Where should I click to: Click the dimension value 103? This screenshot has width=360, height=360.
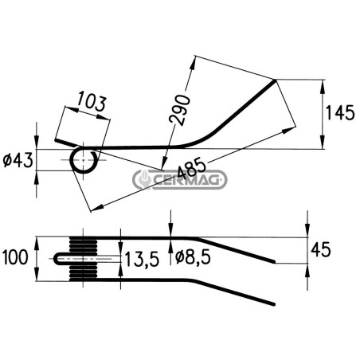(x=92, y=101)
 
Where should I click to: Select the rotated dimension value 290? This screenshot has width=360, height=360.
(x=180, y=109)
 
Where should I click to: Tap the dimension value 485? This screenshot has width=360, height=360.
(x=191, y=168)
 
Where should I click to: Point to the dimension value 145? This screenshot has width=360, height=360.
(x=340, y=113)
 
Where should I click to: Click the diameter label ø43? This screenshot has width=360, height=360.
(x=18, y=160)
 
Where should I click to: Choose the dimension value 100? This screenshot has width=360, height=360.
(x=15, y=257)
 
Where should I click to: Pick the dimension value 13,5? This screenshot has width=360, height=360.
(x=142, y=259)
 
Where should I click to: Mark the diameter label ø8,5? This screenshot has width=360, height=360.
(x=194, y=257)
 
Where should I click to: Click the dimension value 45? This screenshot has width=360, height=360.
(x=321, y=249)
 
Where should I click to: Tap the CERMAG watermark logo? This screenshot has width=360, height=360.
(x=180, y=180)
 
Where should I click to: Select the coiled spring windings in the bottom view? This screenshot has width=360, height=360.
(x=84, y=259)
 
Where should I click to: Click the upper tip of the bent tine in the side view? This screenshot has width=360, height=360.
(x=275, y=80)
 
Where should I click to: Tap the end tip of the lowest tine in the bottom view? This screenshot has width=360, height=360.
(x=273, y=303)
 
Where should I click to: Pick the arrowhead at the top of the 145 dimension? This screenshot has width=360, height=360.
(x=322, y=85)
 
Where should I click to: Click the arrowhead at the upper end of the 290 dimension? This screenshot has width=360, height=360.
(x=193, y=63)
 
